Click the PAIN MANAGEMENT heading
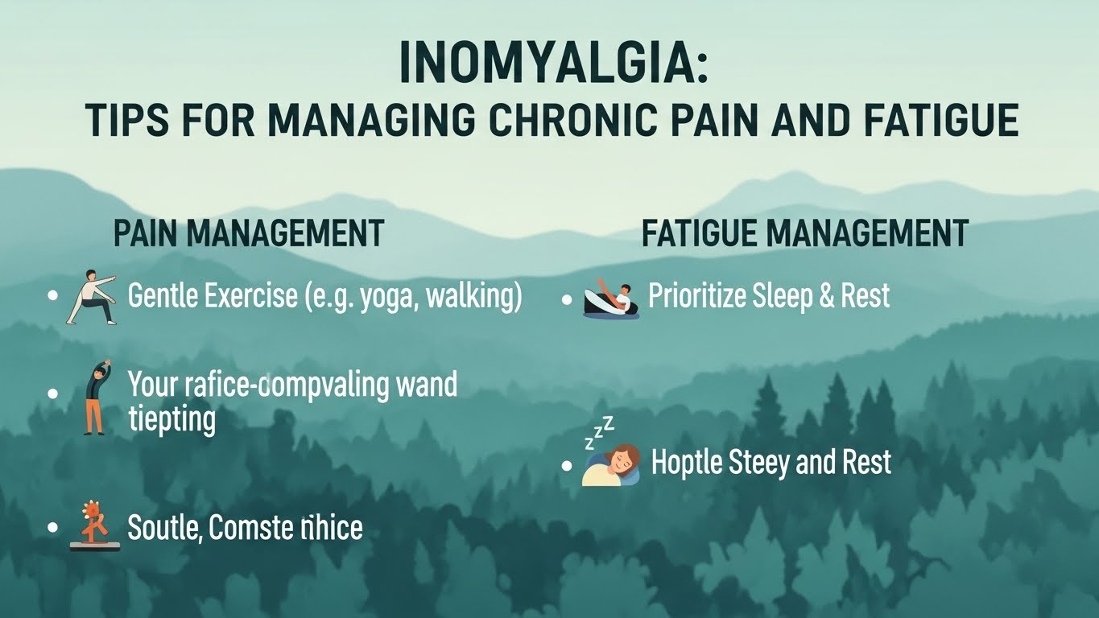tap(248, 233)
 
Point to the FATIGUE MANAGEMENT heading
tap(804, 233)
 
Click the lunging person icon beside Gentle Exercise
tap(92, 298)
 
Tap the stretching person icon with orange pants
tap(95, 397)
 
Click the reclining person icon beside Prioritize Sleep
tap(610, 299)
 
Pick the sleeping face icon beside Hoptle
tap(614, 465)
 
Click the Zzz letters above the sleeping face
tap(598, 431)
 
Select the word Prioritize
tap(696, 296)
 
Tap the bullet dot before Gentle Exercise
tap(53, 296)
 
